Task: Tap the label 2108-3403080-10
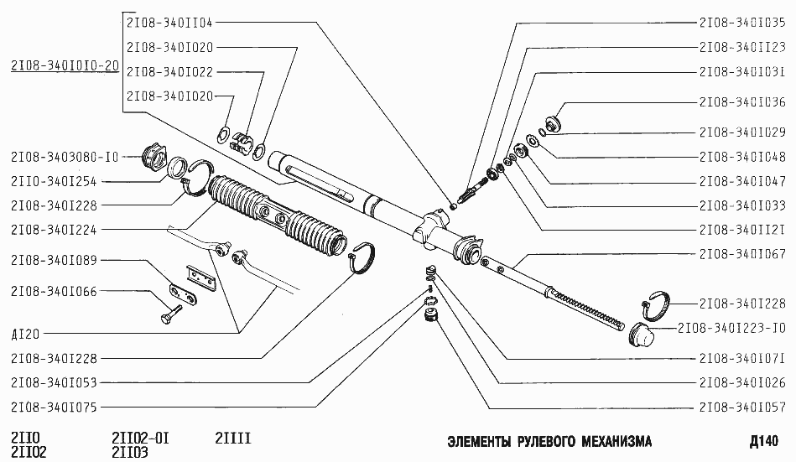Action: click(64, 156)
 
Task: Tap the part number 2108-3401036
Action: click(741, 103)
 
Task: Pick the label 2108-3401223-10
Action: click(732, 328)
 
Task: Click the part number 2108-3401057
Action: click(741, 407)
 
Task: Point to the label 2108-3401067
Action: click(741, 253)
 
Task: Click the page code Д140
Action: click(764, 441)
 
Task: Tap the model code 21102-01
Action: click(140, 437)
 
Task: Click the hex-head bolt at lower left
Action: click(168, 318)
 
